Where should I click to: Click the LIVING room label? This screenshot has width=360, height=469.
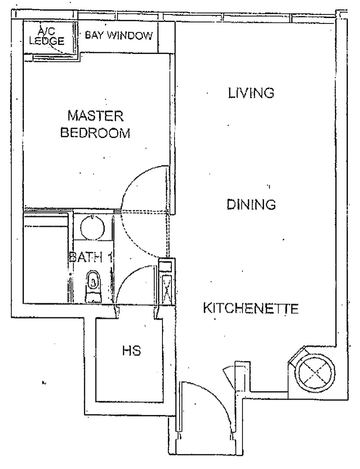[251, 93]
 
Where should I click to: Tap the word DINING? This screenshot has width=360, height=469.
[251, 205]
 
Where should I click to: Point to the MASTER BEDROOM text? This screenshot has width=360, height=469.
[96, 125]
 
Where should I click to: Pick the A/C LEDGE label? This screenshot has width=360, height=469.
[45, 36]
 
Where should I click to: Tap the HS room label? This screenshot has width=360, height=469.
[131, 351]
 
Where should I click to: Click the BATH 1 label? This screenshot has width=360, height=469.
[90, 258]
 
